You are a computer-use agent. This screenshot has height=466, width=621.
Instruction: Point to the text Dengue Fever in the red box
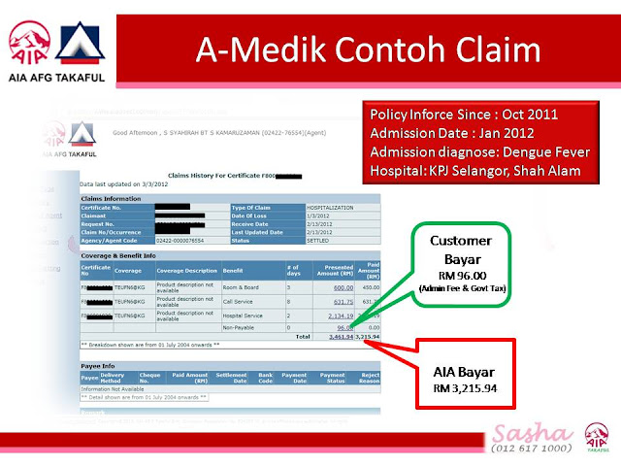530,150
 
